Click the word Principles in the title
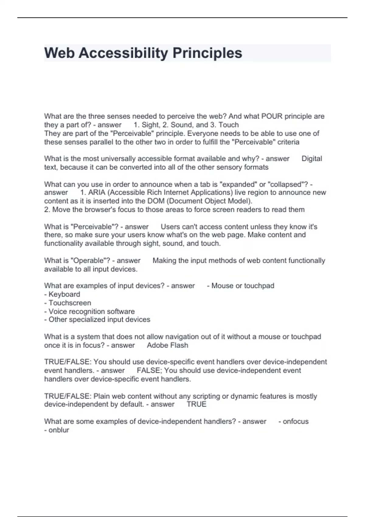point(207,53)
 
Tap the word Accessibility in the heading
point(123,53)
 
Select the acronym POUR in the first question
point(272,116)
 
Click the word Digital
point(311,158)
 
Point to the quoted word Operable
point(90,261)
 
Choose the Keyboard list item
point(64,294)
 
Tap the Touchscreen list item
point(70,303)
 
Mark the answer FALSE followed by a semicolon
point(149,370)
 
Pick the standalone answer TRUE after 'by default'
point(196,404)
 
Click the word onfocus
point(296,422)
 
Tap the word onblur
point(59,430)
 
